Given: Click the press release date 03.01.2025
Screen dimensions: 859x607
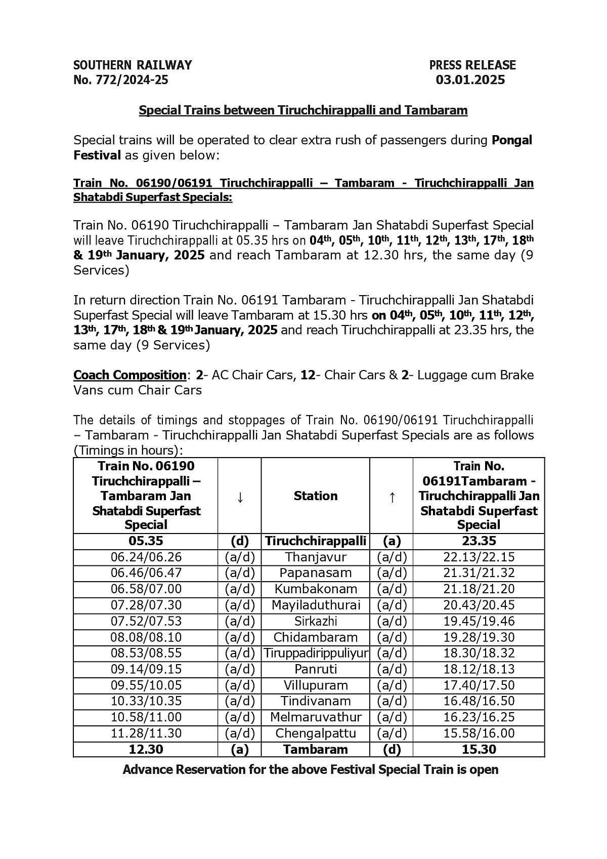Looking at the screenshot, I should (470, 80).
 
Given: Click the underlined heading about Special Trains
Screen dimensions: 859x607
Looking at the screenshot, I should (303, 110).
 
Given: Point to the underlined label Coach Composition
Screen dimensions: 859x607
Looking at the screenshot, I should (130, 375).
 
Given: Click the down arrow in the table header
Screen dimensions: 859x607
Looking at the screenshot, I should (240, 497).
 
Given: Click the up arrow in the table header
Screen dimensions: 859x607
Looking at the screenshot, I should (392, 497).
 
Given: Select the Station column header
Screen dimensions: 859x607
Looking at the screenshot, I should (316, 496).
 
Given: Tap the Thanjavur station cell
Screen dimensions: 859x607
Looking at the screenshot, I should (316, 557).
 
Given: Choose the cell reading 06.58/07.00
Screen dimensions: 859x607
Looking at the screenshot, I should (146, 589).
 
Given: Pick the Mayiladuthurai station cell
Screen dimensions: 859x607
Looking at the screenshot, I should (316, 605).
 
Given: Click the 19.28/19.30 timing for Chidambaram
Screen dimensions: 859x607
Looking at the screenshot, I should (478, 637).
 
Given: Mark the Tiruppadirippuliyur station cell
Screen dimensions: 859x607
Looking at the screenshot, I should (316, 653).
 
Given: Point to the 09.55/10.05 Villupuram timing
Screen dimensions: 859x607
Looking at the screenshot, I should (146, 685).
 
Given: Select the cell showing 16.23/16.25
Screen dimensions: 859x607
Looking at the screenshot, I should (478, 717).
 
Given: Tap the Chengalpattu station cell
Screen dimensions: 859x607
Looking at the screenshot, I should (316, 733).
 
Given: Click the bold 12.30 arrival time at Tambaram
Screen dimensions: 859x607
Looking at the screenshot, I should (146, 749).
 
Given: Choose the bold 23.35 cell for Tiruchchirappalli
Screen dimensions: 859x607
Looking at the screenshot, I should (478, 541).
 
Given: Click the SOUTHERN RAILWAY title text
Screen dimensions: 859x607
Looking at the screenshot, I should (133, 65).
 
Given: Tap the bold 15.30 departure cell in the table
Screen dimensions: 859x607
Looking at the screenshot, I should (478, 749).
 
